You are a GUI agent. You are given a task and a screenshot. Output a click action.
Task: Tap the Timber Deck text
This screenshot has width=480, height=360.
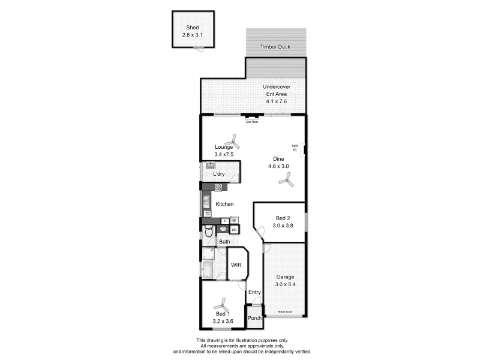coord(275,46)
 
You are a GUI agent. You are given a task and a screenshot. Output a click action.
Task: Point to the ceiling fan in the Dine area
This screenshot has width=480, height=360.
coord(289,179)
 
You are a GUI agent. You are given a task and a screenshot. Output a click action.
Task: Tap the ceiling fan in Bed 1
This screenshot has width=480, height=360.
coord(223,304)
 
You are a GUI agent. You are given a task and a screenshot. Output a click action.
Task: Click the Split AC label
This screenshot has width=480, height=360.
coord(295,148)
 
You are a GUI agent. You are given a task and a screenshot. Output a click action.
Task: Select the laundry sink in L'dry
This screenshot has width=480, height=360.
coord(210,165)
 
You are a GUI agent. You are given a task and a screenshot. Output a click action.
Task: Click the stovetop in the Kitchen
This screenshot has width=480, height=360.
coord(218,187)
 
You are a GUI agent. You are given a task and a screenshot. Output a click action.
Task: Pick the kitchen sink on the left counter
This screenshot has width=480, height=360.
coord(205,201)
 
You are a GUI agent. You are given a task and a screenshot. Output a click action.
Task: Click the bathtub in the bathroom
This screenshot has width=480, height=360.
coord(207,269)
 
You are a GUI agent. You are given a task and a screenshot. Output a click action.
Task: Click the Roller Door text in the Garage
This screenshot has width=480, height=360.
coord(285,312)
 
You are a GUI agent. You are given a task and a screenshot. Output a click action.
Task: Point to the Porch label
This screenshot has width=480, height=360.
coord(254,318)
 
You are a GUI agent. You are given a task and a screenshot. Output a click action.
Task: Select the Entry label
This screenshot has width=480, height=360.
coord(255,292)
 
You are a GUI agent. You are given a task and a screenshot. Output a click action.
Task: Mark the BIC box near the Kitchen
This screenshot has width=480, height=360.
coord(234,229)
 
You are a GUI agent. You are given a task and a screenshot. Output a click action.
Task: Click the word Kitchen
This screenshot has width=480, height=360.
coord(224,205)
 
